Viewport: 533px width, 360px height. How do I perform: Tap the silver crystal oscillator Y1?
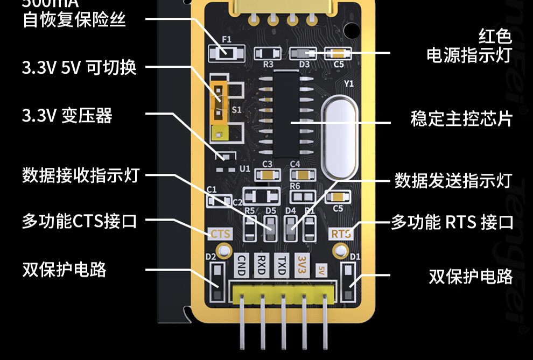339,137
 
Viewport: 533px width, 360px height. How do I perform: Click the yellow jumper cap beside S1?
219,101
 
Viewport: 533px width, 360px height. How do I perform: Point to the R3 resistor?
268,53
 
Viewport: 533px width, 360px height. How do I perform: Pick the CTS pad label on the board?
220,234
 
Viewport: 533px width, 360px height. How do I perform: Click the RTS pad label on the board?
341,234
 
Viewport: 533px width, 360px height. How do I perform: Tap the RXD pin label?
261,265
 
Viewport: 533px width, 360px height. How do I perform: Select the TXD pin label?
281,265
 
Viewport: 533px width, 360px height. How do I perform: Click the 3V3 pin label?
301,265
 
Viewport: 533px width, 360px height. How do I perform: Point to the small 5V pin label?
322,267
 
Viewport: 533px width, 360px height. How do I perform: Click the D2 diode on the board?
216,282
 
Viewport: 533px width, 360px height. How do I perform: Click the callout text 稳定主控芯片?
461,119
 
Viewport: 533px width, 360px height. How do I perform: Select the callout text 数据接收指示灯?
80,175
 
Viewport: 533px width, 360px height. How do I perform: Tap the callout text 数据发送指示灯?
452,180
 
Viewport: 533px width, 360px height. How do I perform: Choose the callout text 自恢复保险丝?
74,20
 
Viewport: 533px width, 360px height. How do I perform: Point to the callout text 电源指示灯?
468,55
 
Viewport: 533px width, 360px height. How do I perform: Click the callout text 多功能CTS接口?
79,221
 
